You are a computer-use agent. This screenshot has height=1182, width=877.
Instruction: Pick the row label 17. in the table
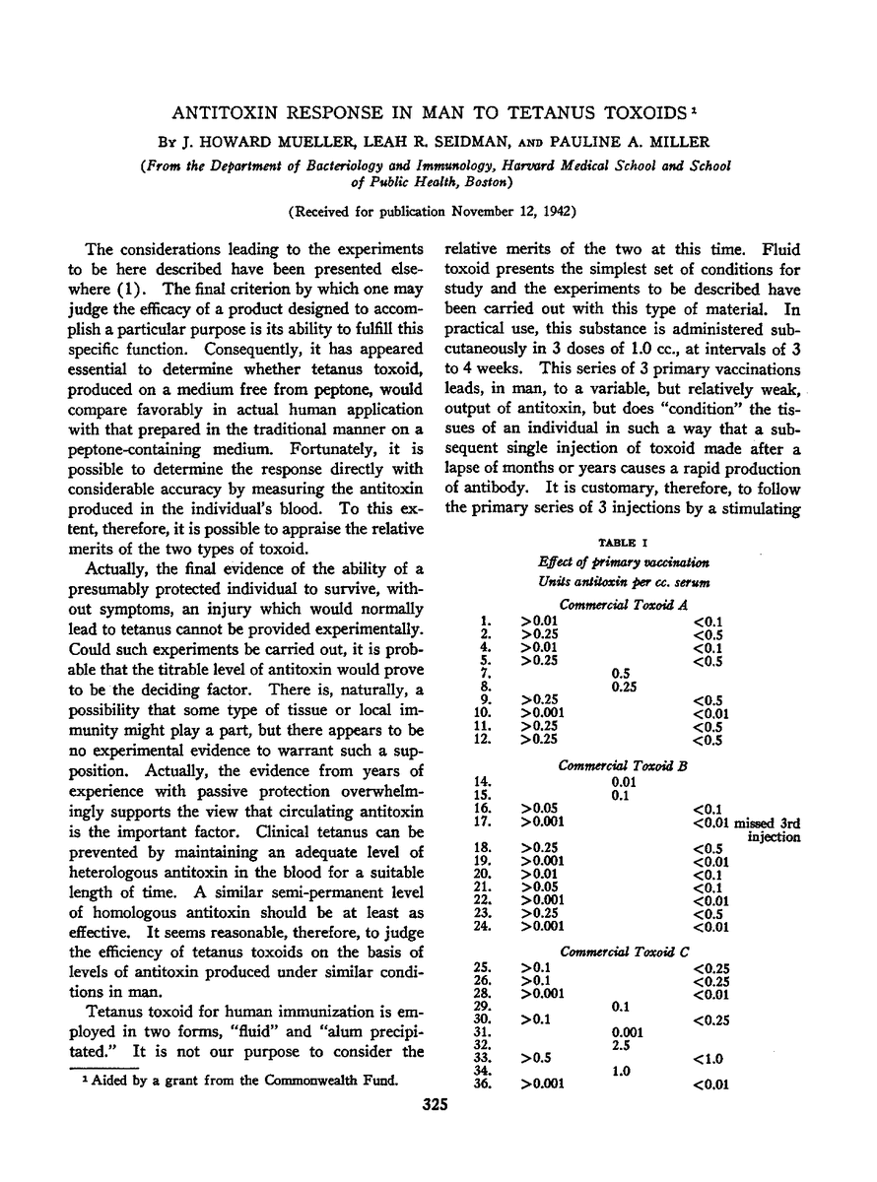(482, 820)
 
